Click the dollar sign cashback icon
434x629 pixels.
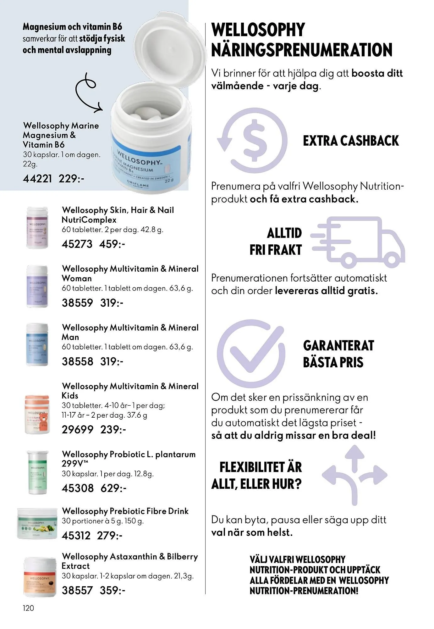(x=252, y=141)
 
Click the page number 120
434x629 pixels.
(x=28, y=608)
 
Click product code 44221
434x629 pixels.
(x=37, y=179)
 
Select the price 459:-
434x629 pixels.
(x=112, y=244)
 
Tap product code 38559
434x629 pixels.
(x=77, y=303)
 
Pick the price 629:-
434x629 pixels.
(x=113, y=488)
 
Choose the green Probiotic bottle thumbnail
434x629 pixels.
(x=37, y=472)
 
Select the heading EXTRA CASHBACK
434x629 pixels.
(x=351, y=141)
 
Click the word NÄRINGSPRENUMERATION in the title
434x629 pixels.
(x=302, y=50)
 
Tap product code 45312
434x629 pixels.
(x=76, y=536)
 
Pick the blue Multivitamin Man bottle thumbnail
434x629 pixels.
(x=37, y=345)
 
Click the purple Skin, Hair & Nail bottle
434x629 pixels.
(x=37, y=227)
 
